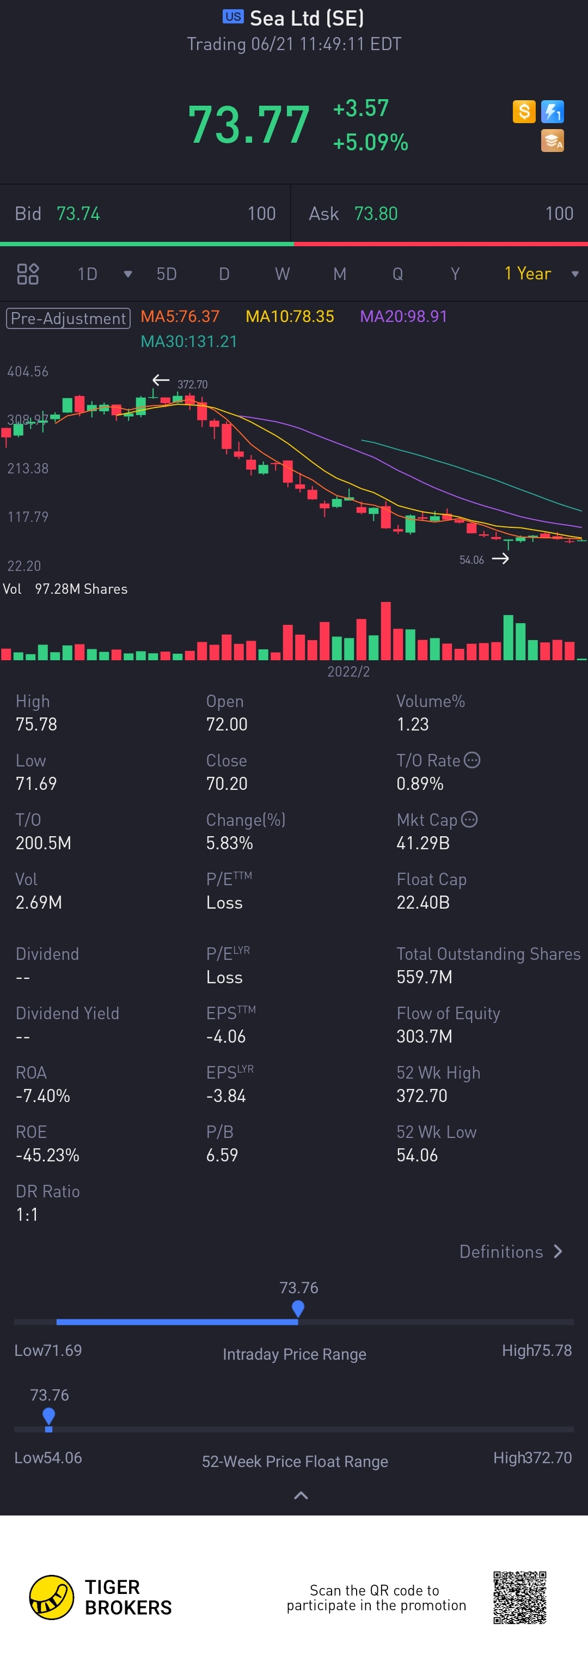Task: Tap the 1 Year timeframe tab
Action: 528,274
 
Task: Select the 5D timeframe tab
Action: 166,274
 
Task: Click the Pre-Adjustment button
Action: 69,318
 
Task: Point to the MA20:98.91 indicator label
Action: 403,316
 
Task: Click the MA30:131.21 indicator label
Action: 189,341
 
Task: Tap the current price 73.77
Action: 248,125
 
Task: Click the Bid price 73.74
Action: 78,214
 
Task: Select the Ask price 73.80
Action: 376,214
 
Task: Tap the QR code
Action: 519,1597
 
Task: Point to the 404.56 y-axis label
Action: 28,372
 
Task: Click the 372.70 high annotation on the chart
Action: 192,384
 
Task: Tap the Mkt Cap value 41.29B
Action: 423,843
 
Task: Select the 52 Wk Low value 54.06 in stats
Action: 417,1155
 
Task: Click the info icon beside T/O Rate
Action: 472,760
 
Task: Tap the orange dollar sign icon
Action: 523,112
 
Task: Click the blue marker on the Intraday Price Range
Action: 298,1307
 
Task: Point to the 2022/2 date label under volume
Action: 348,672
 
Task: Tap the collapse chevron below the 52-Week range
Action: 301,1495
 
